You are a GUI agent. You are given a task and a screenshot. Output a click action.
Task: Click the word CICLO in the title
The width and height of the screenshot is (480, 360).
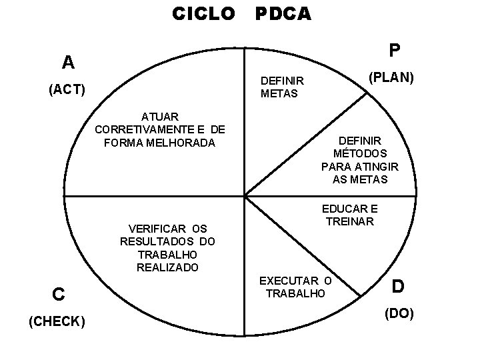point(203,13)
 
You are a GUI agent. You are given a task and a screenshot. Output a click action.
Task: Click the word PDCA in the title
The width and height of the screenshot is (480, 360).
point(283,13)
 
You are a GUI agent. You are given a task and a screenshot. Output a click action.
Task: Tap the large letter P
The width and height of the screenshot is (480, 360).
point(395,51)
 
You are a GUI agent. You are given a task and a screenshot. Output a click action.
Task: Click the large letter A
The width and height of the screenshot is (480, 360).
point(67,63)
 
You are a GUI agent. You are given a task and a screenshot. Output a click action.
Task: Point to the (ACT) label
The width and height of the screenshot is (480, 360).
point(67,89)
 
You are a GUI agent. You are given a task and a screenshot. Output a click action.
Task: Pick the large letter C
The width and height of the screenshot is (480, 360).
point(59,293)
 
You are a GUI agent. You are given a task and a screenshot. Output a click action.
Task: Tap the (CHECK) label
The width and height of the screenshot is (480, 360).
point(56,322)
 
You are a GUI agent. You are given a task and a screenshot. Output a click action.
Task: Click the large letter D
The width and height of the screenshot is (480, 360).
point(398,287)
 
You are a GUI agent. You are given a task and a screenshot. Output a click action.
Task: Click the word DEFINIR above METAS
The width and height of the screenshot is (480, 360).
point(282,81)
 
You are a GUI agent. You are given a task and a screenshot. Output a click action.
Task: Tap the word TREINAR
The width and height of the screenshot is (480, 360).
point(350,221)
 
